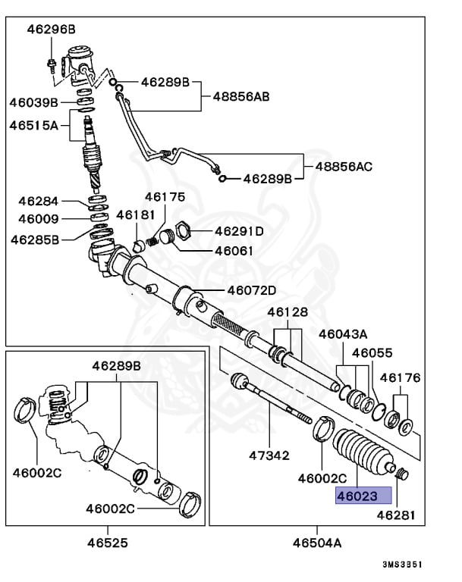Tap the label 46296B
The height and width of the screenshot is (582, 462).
point(52,30)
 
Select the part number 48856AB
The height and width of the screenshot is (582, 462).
point(240,97)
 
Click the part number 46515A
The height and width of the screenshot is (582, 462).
point(34,124)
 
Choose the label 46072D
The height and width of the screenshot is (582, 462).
point(252,290)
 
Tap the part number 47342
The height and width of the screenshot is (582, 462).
point(269,455)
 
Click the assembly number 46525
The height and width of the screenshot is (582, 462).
point(106,543)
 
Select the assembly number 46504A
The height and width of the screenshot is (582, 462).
point(316,543)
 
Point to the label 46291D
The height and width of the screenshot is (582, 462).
point(239,231)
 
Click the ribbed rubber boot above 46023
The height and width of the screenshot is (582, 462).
point(362,454)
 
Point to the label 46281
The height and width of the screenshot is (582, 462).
point(397,515)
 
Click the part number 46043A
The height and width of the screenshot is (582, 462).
point(343,333)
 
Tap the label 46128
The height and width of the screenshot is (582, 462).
point(288,311)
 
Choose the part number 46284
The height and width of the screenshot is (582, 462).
point(39,202)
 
